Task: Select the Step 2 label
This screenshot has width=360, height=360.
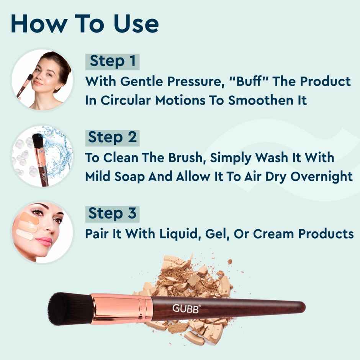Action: pos(112,137)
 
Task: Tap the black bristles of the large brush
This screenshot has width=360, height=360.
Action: pos(69,308)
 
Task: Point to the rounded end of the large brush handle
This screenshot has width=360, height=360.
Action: pos(301,306)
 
